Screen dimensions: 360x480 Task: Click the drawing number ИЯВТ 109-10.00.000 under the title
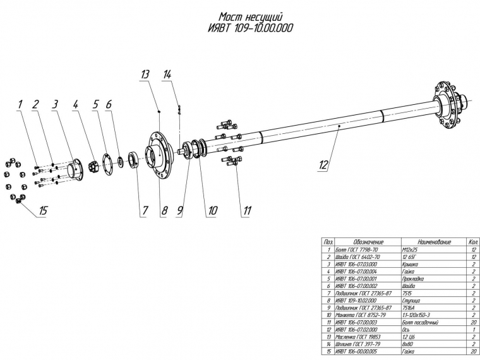tap(250, 28)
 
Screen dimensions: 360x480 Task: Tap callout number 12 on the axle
tap(323, 165)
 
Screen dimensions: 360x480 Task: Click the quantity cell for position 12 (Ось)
tap(472, 328)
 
